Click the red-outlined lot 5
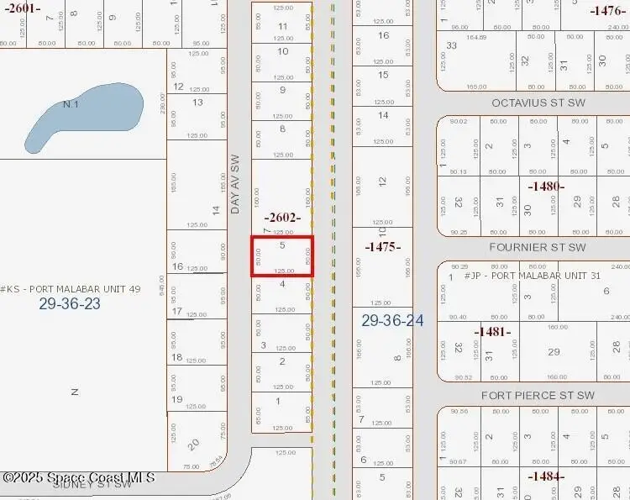(282, 255)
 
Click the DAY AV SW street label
(235, 183)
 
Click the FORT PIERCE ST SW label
(538, 395)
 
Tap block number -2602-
(282, 217)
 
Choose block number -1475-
(382, 247)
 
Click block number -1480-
(546, 186)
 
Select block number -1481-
(492, 332)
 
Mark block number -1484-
(546, 476)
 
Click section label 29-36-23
(69, 304)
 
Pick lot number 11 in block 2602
(282, 26)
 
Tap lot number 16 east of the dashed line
(383, 35)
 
